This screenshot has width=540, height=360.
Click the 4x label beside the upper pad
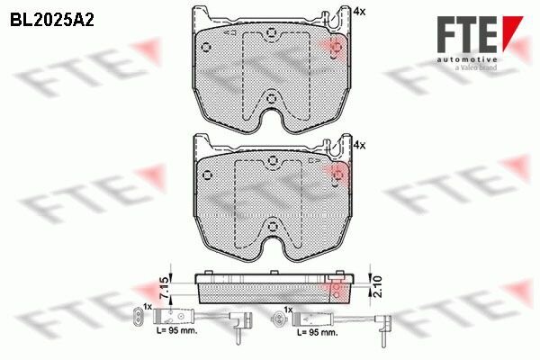pyautogui.click(x=360, y=12)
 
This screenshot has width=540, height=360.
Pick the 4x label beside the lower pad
pyautogui.click(x=360, y=144)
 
